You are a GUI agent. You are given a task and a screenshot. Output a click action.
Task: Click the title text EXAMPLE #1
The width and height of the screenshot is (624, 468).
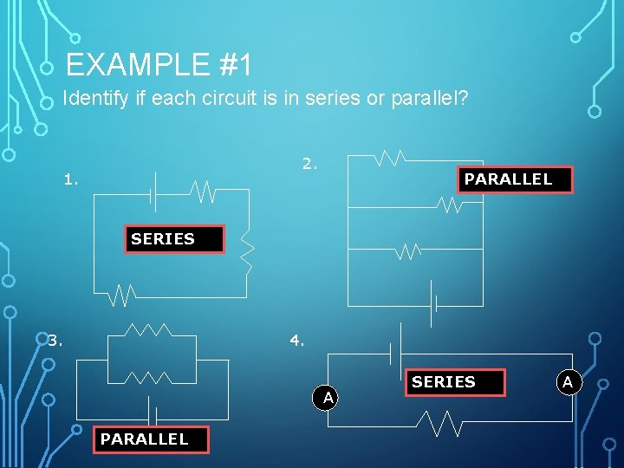pos(158,65)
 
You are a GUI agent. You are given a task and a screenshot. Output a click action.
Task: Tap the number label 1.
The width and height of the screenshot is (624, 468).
pos(71,180)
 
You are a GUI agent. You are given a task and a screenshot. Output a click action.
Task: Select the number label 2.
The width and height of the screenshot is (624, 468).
pos(309,162)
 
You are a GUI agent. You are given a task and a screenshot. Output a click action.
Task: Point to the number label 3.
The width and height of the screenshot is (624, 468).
pos(55,341)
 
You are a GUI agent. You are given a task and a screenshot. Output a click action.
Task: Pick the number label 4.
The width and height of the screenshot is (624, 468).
pos(297,341)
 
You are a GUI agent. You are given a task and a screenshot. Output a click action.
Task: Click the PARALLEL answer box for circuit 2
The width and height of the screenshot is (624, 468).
pos(516,179)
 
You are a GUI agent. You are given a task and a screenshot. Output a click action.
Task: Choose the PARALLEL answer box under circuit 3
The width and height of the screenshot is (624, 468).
pos(151,439)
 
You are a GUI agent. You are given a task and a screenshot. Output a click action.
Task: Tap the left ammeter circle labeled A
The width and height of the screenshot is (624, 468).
pos(327,397)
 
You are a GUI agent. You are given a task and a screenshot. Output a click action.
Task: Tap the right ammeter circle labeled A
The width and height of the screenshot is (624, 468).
pos(569,381)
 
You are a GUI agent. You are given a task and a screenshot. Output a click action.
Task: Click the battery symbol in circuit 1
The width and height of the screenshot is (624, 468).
pos(151,192)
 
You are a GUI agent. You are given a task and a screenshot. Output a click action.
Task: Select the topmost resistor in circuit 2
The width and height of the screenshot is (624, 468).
pos(390,158)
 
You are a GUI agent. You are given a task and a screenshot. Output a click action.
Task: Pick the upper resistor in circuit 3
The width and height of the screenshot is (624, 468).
pos(148,330)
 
